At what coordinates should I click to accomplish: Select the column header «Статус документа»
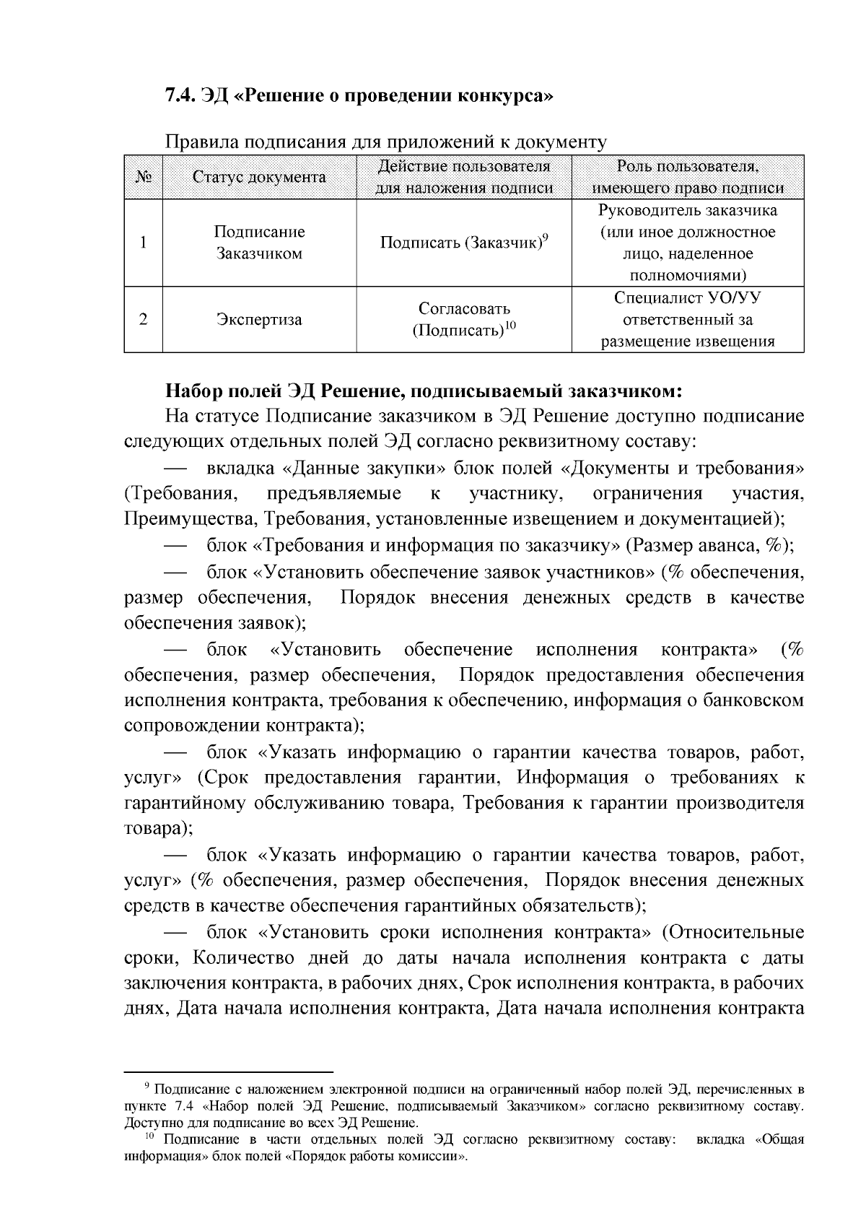pyautogui.click(x=259, y=177)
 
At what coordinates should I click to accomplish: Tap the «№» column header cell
pyautogui.click(x=143, y=177)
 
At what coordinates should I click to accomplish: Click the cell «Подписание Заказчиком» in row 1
pyautogui.click(x=259, y=243)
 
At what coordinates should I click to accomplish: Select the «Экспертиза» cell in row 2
pyautogui.click(x=259, y=320)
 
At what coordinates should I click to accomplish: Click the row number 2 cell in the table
pyautogui.click(x=143, y=320)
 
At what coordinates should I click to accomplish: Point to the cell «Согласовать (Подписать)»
pyautogui.click(x=464, y=320)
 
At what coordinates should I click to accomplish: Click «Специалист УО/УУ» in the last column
pyautogui.click(x=688, y=298)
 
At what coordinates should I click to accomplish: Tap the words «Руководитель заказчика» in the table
pyautogui.click(x=688, y=211)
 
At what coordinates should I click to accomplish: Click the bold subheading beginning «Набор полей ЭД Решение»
pyautogui.click(x=424, y=391)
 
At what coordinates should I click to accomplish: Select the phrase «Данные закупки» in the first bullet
pyautogui.click(x=364, y=468)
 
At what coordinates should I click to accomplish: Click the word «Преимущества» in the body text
pyautogui.click(x=191, y=518)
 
